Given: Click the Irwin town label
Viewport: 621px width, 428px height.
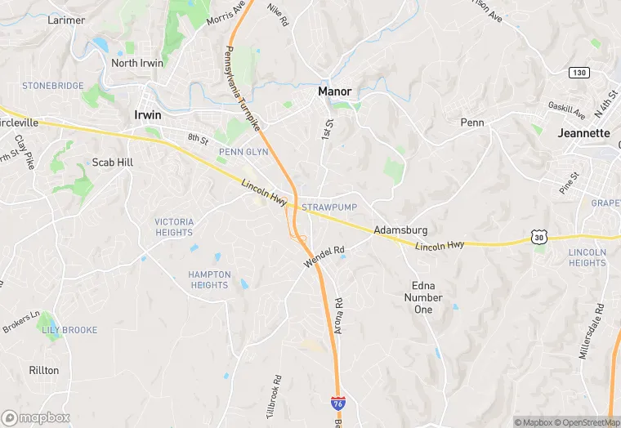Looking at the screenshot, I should coord(147,115).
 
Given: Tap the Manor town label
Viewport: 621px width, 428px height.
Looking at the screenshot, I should coord(334,91).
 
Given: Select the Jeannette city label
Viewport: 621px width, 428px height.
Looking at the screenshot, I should coord(583,132).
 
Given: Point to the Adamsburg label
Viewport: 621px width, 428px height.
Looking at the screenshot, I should coord(400,230).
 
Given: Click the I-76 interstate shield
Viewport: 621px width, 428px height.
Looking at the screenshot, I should coord(337,403).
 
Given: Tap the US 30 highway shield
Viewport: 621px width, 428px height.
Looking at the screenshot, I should coord(538,237).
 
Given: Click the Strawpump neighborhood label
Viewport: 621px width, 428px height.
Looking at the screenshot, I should coord(329,208).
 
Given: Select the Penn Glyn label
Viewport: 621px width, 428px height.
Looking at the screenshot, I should coord(243,152).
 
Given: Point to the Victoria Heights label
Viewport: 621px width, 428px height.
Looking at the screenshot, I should coord(174,227).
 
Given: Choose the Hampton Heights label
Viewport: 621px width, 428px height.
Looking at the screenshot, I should coord(208,279).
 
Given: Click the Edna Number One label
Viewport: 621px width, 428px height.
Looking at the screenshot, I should coord(423,297).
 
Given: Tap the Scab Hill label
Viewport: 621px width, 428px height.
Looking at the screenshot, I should coord(112,162).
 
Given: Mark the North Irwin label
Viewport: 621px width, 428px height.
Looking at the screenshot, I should coord(136,63).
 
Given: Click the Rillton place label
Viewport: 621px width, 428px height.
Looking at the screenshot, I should coord(44,370).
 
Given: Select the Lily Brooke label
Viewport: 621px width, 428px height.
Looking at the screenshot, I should coord(69,330).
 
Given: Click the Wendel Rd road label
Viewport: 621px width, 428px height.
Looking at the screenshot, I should coord(324,256).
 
